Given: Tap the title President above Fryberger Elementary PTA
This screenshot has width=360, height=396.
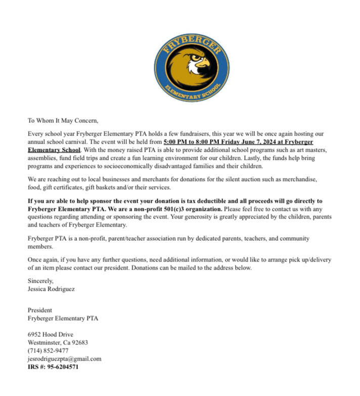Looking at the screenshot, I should point(40,310).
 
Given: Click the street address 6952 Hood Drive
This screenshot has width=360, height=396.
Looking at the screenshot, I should point(51,334).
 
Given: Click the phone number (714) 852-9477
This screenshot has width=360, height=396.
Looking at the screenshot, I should point(48,350).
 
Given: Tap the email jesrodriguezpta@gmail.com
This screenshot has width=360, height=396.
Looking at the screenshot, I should point(64,359).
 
